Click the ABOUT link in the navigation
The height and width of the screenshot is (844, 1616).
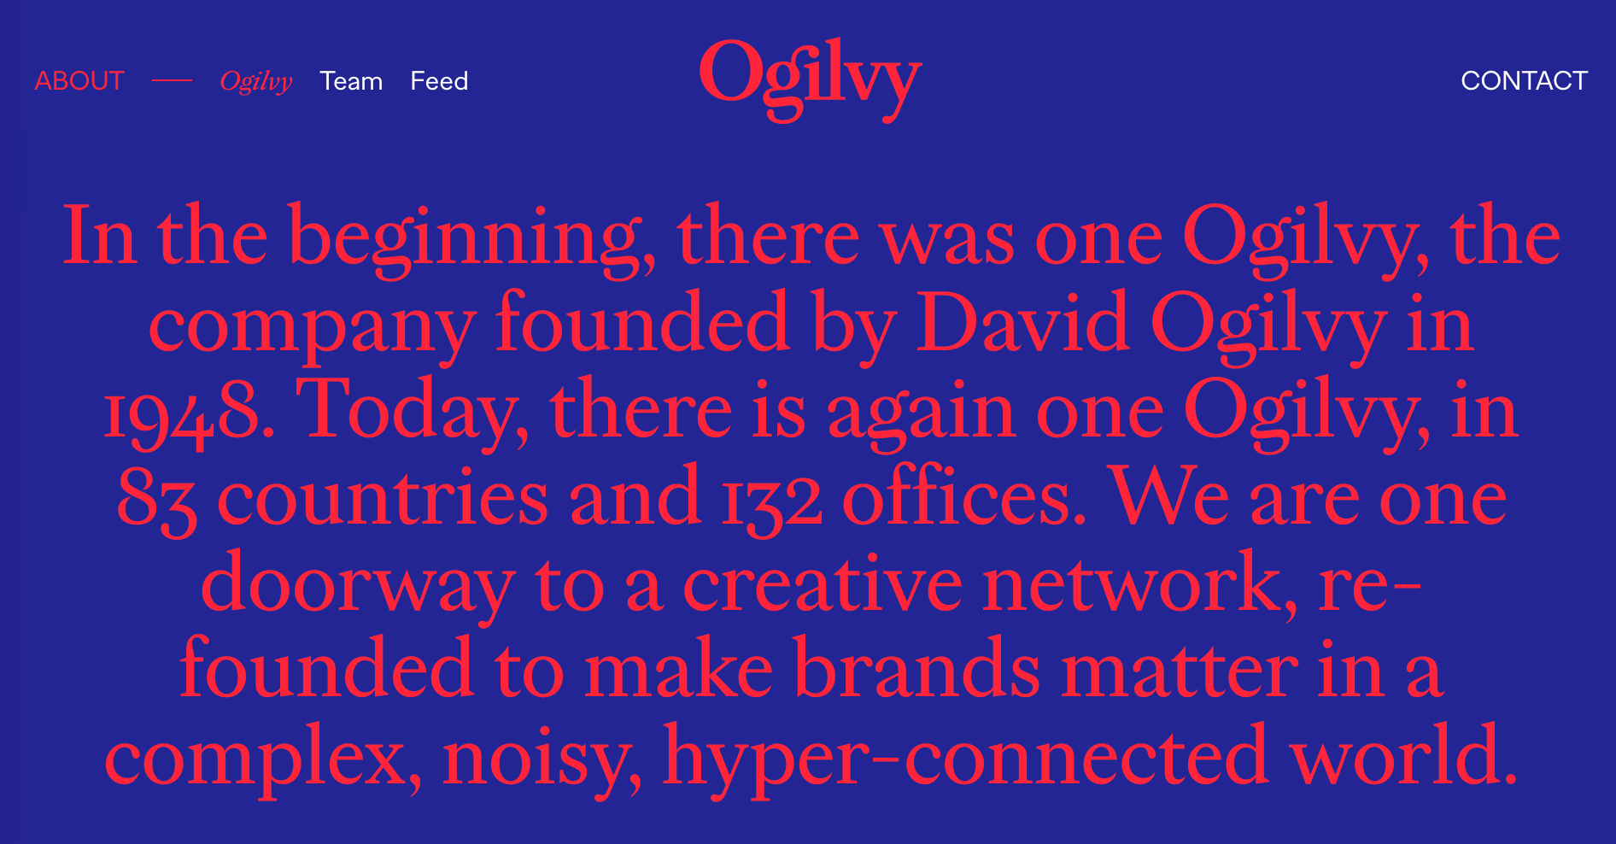click(x=79, y=81)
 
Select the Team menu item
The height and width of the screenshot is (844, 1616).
click(x=351, y=81)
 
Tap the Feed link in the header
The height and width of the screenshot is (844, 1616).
click(x=439, y=81)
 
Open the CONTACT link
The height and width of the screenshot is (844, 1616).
click(x=1524, y=81)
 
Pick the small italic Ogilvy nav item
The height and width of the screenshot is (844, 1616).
click(x=255, y=81)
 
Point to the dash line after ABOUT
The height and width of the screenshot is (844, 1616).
click(x=173, y=81)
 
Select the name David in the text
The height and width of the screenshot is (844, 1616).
click(x=1022, y=325)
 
